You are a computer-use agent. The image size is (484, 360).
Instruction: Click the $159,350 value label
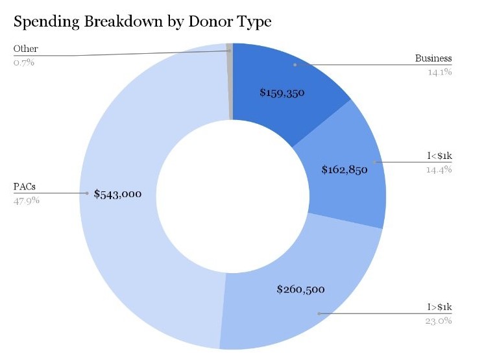(282, 93)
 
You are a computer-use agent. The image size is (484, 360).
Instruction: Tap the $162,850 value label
(345, 171)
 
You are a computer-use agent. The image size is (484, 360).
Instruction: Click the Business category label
(433, 59)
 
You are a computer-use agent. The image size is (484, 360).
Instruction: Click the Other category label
(25, 49)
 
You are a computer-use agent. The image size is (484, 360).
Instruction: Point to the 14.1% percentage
(439, 72)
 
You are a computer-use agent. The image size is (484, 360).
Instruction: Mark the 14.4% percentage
(439, 169)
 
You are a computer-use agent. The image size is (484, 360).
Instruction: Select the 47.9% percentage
(27, 200)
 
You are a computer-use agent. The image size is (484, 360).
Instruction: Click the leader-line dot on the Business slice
(295, 65)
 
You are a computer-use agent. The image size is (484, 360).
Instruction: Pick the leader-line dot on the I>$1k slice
(319, 314)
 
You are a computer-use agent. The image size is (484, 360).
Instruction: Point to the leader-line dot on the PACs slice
(86, 193)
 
